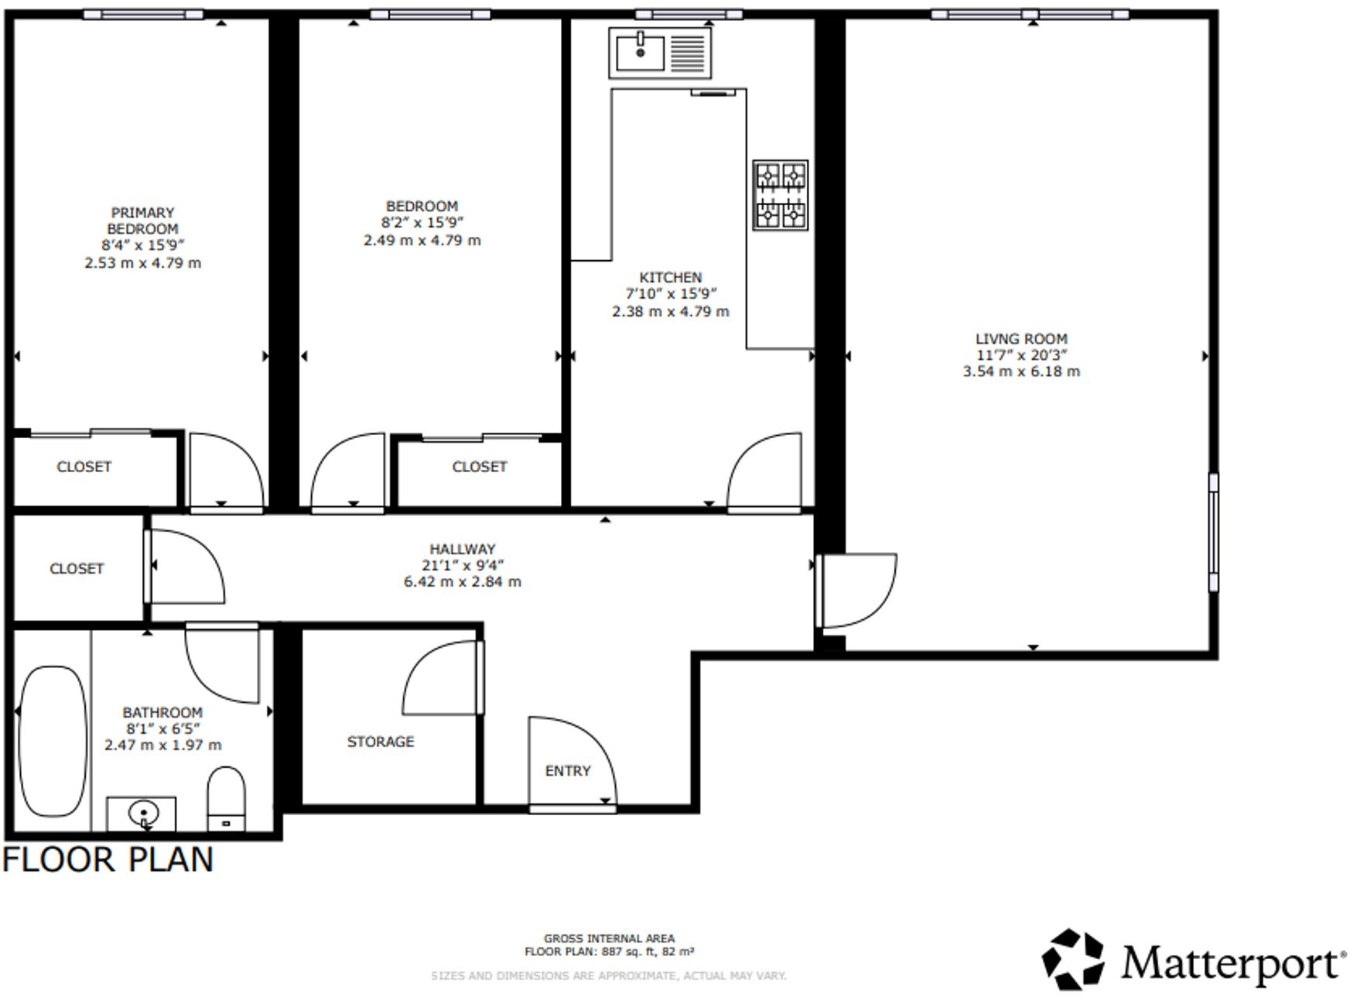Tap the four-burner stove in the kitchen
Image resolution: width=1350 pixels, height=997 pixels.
click(x=780, y=195)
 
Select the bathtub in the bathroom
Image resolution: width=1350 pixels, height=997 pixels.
click(x=53, y=741)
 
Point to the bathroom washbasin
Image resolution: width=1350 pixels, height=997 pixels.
click(x=143, y=814)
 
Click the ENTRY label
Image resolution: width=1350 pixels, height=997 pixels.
click(x=567, y=771)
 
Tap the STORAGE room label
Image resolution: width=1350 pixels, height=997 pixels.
click(x=380, y=742)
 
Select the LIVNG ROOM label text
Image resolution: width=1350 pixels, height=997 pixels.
click(x=1020, y=339)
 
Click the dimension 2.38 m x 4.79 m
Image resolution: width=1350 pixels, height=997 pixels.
click(x=670, y=311)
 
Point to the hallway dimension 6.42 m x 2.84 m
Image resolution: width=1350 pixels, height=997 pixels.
click(x=462, y=581)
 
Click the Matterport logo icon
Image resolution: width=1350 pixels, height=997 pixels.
click(x=1072, y=960)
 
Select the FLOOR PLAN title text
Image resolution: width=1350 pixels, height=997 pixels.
click(x=108, y=860)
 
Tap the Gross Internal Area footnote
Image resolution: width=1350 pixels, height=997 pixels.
click(x=609, y=944)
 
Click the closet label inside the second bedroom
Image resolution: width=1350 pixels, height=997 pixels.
click(x=479, y=467)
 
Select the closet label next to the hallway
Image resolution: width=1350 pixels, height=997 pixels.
click(x=76, y=569)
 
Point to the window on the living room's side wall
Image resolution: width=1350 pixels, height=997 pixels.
click(x=1213, y=533)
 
